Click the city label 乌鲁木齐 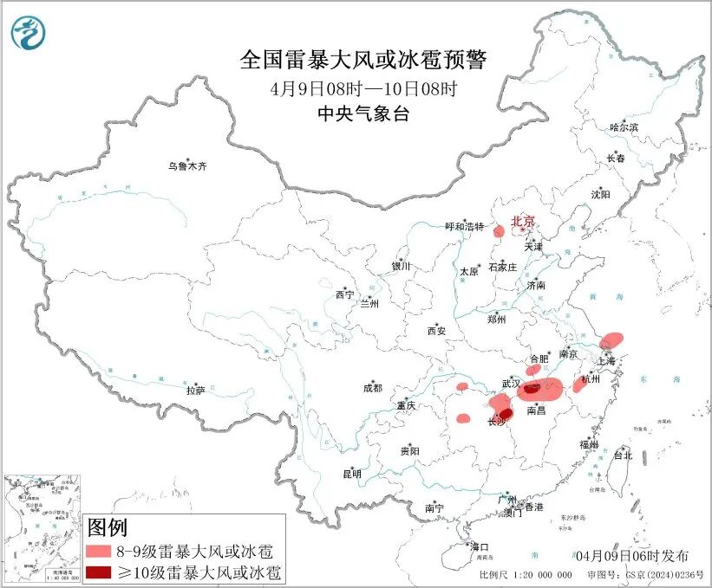(188, 165)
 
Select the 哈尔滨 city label (624, 127)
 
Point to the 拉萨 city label (195, 391)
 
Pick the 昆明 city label (352, 474)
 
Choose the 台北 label (623, 455)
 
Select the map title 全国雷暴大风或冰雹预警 (363, 60)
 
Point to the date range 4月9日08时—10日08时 (363, 88)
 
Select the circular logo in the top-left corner (29, 33)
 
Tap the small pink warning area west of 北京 (500, 231)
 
